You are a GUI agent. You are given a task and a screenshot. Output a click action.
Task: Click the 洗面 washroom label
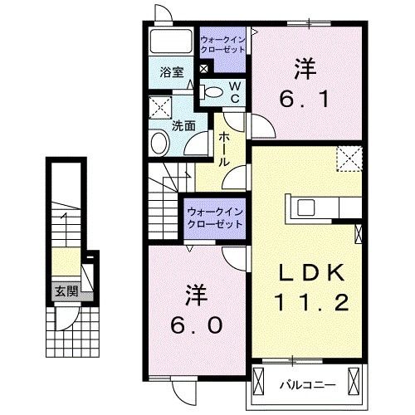click(183, 126)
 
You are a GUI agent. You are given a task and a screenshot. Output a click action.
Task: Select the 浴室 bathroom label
click(171, 72)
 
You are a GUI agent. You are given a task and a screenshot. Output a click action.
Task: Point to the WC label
click(235, 92)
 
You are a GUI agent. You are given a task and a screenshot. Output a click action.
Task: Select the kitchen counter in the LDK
click(323, 206)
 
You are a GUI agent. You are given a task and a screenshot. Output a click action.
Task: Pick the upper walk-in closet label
click(223, 42)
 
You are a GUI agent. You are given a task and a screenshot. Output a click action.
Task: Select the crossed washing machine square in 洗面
click(160, 107)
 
